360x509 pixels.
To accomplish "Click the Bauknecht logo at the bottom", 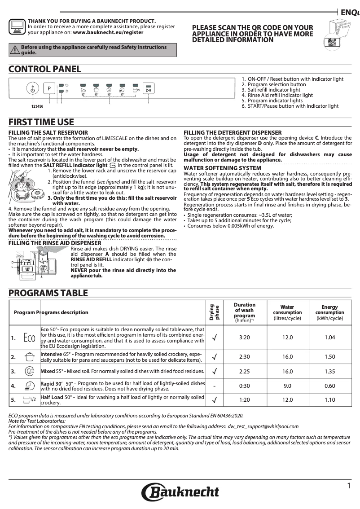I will pyautogui.click(x=180, y=492).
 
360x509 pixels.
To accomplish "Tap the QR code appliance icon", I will pyautogui.click(x=333, y=41).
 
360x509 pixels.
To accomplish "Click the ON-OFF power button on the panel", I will pyautogui.click(x=32, y=89).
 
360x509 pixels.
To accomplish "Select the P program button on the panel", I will pyautogui.click(x=49, y=89).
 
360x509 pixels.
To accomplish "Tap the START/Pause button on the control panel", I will pyautogui.click(x=149, y=89).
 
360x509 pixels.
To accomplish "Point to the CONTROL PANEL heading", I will pyautogui.click(x=45, y=69).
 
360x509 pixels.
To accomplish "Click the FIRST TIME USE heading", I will pyautogui.click(x=41, y=122).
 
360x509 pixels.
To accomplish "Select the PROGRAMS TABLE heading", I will pyautogui.click(x=48, y=293).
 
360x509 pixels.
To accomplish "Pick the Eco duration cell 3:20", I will pyautogui.click(x=245, y=338).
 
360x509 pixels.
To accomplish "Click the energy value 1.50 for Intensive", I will pyautogui.click(x=329, y=357).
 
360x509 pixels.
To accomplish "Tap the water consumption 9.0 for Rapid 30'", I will pyautogui.click(x=287, y=386).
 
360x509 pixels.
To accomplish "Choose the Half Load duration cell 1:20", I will pyautogui.click(x=245, y=399).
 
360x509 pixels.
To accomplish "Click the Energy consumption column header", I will pyautogui.click(x=329, y=313).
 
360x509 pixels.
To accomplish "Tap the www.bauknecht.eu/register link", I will pyautogui.click(x=108, y=32).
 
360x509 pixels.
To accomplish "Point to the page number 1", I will pyautogui.click(x=349, y=486).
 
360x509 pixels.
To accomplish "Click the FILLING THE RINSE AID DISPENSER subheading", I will pyautogui.click(x=55, y=243).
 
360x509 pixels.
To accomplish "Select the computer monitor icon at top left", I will pyautogui.click(x=17, y=27).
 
